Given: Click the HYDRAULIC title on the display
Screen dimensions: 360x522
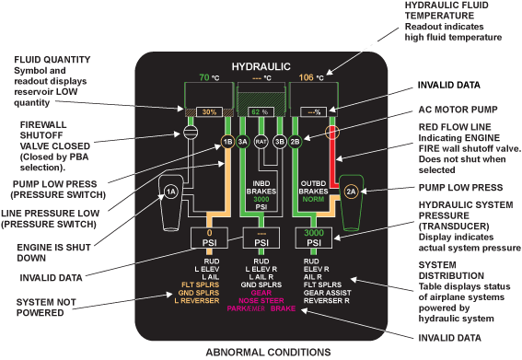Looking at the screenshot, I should pos(261,66).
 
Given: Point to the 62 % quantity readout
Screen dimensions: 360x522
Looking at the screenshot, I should pos(261,111).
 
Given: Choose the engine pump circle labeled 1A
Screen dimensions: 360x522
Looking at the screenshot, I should pos(170,192).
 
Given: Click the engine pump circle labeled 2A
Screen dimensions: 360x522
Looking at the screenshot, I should pos(351,192).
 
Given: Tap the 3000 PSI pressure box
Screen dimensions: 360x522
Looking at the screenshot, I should pos(313,239).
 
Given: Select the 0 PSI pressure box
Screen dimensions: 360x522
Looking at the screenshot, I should pos(208,239).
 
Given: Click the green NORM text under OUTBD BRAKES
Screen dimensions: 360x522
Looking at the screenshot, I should pos(313,196).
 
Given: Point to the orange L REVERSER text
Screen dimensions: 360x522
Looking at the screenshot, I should pos(208,299).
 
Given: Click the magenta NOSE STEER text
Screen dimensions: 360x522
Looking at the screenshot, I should pos(261,299).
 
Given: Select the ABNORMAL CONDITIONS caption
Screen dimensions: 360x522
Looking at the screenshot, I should pos(261,352).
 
